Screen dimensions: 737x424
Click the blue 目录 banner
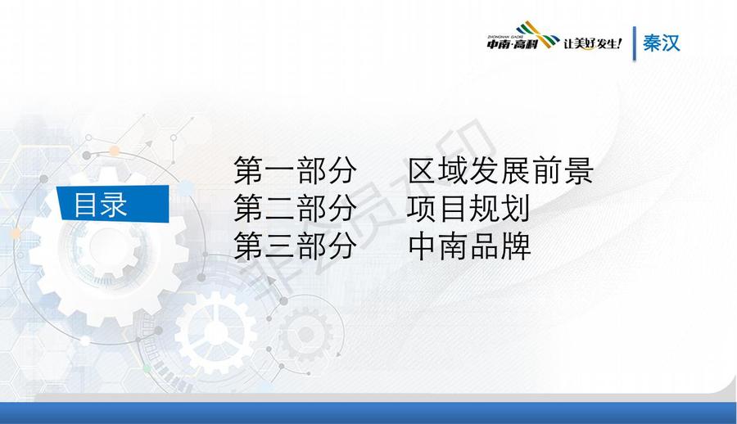(x=113, y=203)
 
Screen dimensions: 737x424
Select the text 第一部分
(x=295, y=170)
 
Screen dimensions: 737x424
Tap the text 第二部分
(x=295, y=208)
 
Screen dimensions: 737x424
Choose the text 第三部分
(x=295, y=246)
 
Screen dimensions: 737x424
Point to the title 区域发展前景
(x=500, y=170)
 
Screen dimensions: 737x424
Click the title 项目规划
(x=468, y=208)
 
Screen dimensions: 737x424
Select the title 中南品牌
(x=469, y=246)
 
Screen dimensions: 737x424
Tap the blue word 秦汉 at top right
(x=662, y=43)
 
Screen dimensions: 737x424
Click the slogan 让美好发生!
(x=593, y=43)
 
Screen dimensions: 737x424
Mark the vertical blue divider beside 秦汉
(x=635, y=43)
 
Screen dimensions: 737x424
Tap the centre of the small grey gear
(x=306, y=335)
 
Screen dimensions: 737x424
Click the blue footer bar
(x=368, y=413)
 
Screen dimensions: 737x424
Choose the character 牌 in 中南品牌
(x=516, y=246)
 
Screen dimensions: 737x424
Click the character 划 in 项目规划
(x=516, y=208)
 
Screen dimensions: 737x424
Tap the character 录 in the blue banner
(x=114, y=205)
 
